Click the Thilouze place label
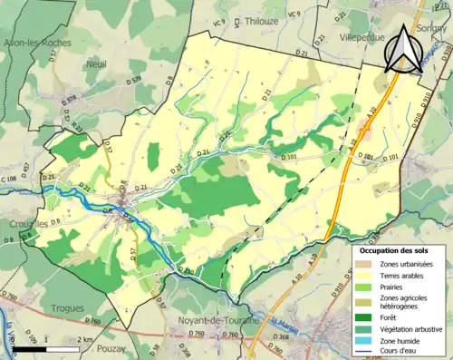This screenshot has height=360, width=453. pyautogui.click(x=281, y=17)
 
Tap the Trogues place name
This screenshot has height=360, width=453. pyautogui.click(x=67, y=307)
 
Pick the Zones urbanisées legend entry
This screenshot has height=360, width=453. pyautogui.click(x=406, y=264)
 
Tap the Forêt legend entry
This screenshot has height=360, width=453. pyautogui.click(x=390, y=316)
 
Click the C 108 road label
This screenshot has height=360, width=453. pyautogui.click(x=9, y=180)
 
